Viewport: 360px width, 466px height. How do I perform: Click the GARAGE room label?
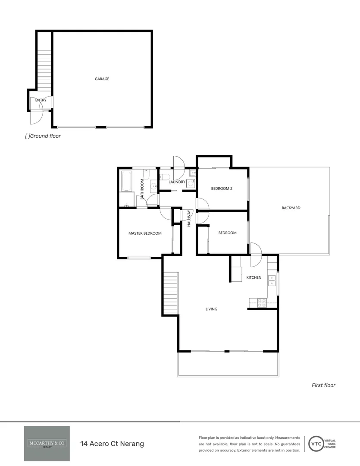click(x=102, y=79)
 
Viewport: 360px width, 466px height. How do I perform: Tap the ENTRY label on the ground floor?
click(x=41, y=100)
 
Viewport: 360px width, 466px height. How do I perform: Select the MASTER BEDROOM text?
click(x=145, y=233)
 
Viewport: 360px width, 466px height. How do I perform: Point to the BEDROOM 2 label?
click(x=222, y=188)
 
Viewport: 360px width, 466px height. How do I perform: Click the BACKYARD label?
click(x=291, y=208)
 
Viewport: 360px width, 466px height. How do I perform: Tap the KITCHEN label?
click(x=254, y=277)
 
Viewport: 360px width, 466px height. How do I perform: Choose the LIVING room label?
click(x=211, y=309)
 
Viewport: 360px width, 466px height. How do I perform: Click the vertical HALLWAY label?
click(x=189, y=218)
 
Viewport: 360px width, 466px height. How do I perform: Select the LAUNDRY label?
click(x=177, y=182)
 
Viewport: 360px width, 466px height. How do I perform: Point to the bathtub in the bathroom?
click(x=127, y=181)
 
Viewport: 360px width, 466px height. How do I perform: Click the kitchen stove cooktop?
click(x=261, y=302)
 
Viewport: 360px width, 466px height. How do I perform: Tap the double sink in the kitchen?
click(x=272, y=280)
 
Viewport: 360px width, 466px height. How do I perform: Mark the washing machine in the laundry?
click(x=191, y=183)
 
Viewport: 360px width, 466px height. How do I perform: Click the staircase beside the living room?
click(x=171, y=294)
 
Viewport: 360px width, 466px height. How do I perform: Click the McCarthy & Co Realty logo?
click(x=47, y=444)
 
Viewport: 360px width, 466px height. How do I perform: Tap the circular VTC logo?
click(x=316, y=444)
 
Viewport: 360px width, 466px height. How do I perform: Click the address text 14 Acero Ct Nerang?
click(x=112, y=444)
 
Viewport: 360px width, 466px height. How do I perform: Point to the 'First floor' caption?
click(x=323, y=385)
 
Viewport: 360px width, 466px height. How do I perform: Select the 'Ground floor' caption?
click(x=43, y=136)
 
